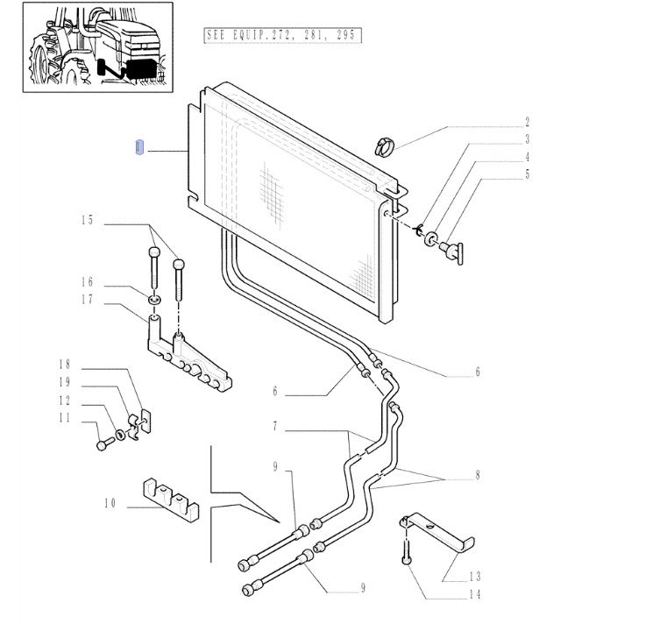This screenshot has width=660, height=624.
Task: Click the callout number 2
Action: point(527,123)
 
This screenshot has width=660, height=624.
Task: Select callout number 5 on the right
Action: point(527,174)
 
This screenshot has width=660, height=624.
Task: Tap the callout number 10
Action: point(110,503)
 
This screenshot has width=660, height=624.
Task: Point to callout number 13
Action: point(475,576)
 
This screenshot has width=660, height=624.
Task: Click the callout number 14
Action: point(475,593)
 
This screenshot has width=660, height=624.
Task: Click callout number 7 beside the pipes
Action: point(274,427)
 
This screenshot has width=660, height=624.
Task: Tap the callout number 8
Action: point(478,476)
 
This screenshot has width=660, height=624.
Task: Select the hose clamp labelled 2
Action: point(382,145)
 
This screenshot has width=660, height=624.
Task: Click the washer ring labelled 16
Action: point(154,301)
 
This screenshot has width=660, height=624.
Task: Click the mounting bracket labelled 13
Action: point(438,531)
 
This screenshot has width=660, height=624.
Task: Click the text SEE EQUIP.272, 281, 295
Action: point(282,36)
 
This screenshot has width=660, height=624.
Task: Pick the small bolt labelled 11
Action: point(103,444)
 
